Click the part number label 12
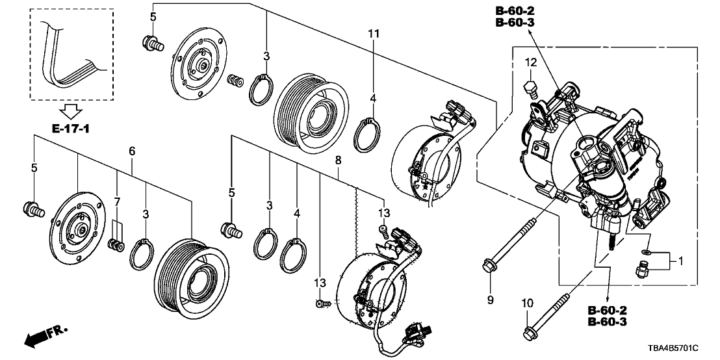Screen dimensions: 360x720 click(531, 62)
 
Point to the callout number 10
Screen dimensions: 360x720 click(527, 302)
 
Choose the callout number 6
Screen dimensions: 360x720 click(132, 151)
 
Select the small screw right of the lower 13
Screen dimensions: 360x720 click(325, 303)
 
